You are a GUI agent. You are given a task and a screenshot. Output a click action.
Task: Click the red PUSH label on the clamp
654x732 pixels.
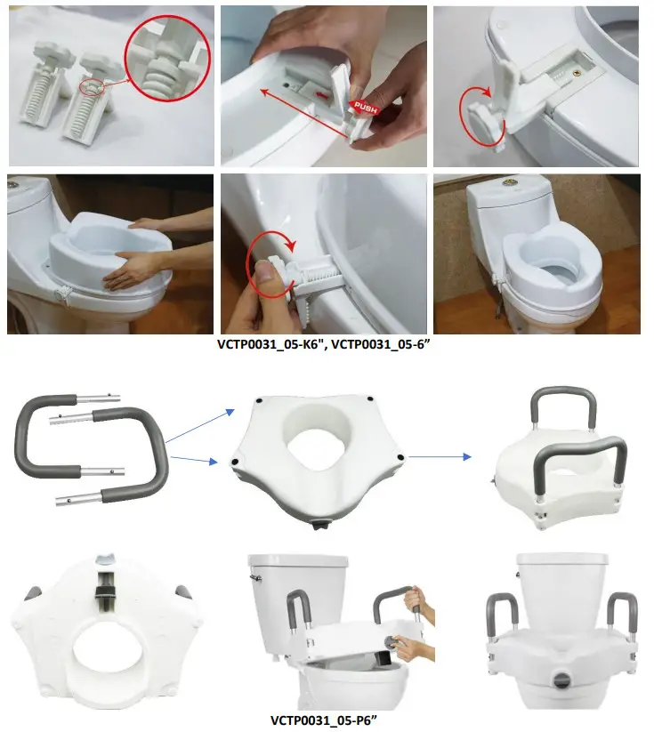[364, 107]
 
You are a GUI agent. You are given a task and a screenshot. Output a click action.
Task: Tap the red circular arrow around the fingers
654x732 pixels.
[270, 259]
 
